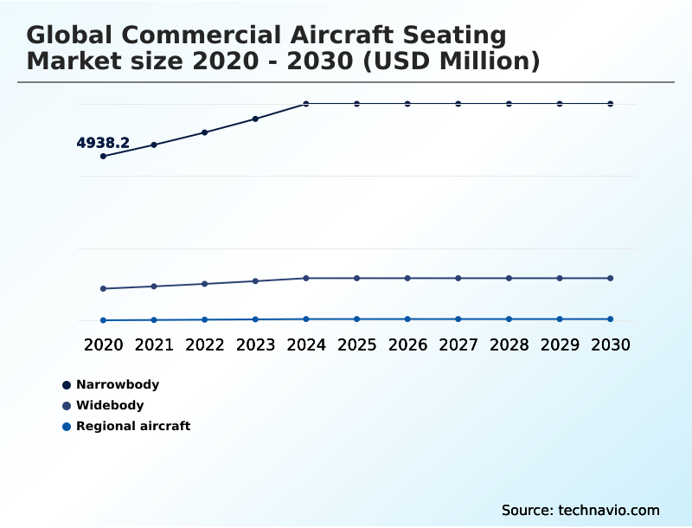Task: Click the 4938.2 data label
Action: click(103, 143)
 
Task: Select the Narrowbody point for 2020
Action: click(103, 156)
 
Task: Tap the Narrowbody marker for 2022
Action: click(205, 132)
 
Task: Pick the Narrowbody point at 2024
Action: click(306, 104)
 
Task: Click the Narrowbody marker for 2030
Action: click(611, 104)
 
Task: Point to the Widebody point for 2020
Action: click(103, 288)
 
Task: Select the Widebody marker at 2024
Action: click(306, 278)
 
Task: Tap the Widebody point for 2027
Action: click(458, 278)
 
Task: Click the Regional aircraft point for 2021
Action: click(154, 320)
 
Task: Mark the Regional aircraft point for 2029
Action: click(560, 319)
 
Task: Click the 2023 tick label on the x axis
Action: click(255, 344)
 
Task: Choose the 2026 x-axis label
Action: click(407, 344)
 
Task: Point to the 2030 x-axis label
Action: click(611, 344)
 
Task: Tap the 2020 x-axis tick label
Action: click(103, 344)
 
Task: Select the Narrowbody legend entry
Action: click(118, 384)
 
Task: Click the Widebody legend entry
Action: click(110, 405)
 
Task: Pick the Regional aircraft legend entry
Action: click(132, 426)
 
